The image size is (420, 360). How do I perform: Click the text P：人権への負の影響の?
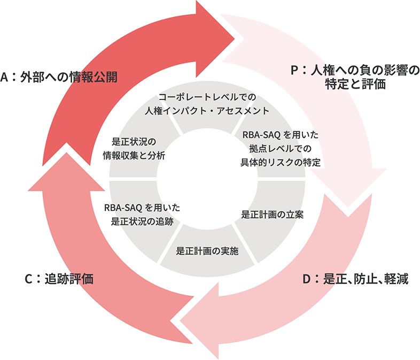pyautogui.click(x=355, y=70)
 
